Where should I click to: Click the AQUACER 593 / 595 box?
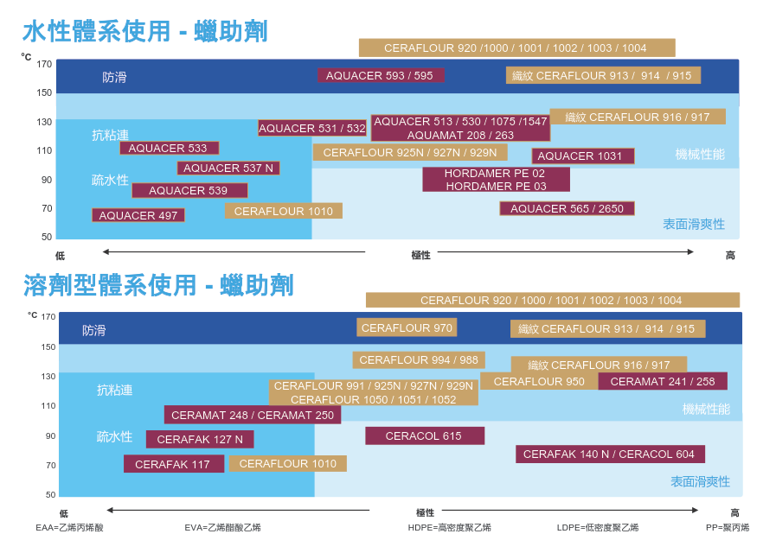(380, 75)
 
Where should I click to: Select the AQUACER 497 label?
(138, 215)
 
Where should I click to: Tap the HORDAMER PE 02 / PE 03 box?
(496, 180)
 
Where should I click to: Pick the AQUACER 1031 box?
(582, 156)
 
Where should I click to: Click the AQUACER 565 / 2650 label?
(567, 208)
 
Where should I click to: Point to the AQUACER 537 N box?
(228, 168)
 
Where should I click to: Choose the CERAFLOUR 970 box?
(407, 327)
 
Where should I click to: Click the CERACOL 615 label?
(424, 435)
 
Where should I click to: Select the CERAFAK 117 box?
(173, 464)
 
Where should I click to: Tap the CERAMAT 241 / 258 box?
(663, 381)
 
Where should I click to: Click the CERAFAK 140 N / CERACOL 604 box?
(609, 454)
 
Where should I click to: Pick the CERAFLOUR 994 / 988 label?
(419, 359)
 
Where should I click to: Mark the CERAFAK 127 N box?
(200, 439)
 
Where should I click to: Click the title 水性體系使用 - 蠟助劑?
(144, 32)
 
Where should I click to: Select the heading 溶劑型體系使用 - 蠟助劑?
(158, 285)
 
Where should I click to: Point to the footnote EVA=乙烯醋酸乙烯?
(222, 527)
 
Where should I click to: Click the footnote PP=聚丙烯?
(728, 527)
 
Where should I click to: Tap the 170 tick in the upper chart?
(44, 64)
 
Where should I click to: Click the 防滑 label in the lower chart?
(94, 330)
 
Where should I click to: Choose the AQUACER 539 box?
(189, 190)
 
